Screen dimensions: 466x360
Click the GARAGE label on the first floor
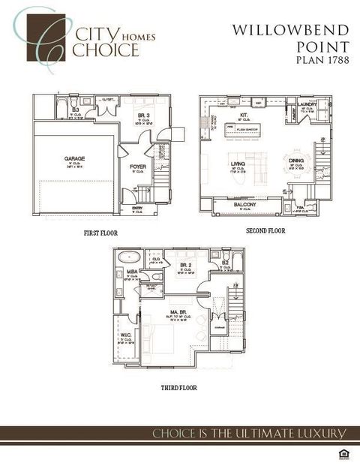coord(74,158)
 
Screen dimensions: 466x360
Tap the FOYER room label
coord(138,167)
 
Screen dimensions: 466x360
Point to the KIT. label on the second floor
coord(244,116)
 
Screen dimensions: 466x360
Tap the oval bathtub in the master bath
coord(129,256)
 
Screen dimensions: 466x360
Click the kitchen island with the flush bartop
coord(246,128)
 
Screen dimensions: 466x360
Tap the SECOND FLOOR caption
coord(265,231)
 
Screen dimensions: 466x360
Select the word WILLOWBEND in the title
coord(290,30)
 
